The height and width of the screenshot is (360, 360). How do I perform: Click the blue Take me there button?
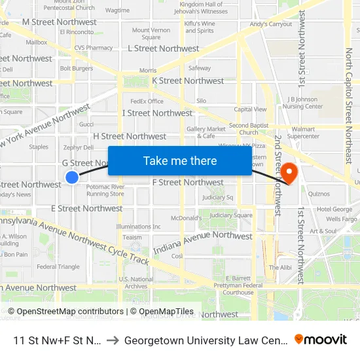click(179, 161)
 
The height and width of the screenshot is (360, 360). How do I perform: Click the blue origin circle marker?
click(72, 177)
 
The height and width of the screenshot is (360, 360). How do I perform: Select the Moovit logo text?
click(321, 340)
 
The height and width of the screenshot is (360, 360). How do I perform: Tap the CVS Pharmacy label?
click(94, 48)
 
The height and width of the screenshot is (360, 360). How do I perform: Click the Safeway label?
click(200, 67)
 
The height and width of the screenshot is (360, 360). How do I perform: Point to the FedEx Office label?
click(147, 101)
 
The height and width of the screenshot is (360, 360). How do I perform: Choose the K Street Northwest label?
click(187, 81)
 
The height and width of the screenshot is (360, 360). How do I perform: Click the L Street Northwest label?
click(164, 48)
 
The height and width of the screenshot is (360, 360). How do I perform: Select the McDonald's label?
click(185, 217)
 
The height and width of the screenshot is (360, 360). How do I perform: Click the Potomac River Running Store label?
click(105, 190)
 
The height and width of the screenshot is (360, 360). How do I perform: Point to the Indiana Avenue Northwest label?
click(202, 243)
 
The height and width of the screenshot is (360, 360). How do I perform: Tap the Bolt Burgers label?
click(77, 68)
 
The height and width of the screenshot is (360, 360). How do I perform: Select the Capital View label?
click(250, 109)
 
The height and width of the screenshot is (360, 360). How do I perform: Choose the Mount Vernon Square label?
click(151, 33)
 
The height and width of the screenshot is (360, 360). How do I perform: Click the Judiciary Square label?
click(234, 215)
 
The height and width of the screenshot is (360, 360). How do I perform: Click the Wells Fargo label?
click(341, 219)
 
